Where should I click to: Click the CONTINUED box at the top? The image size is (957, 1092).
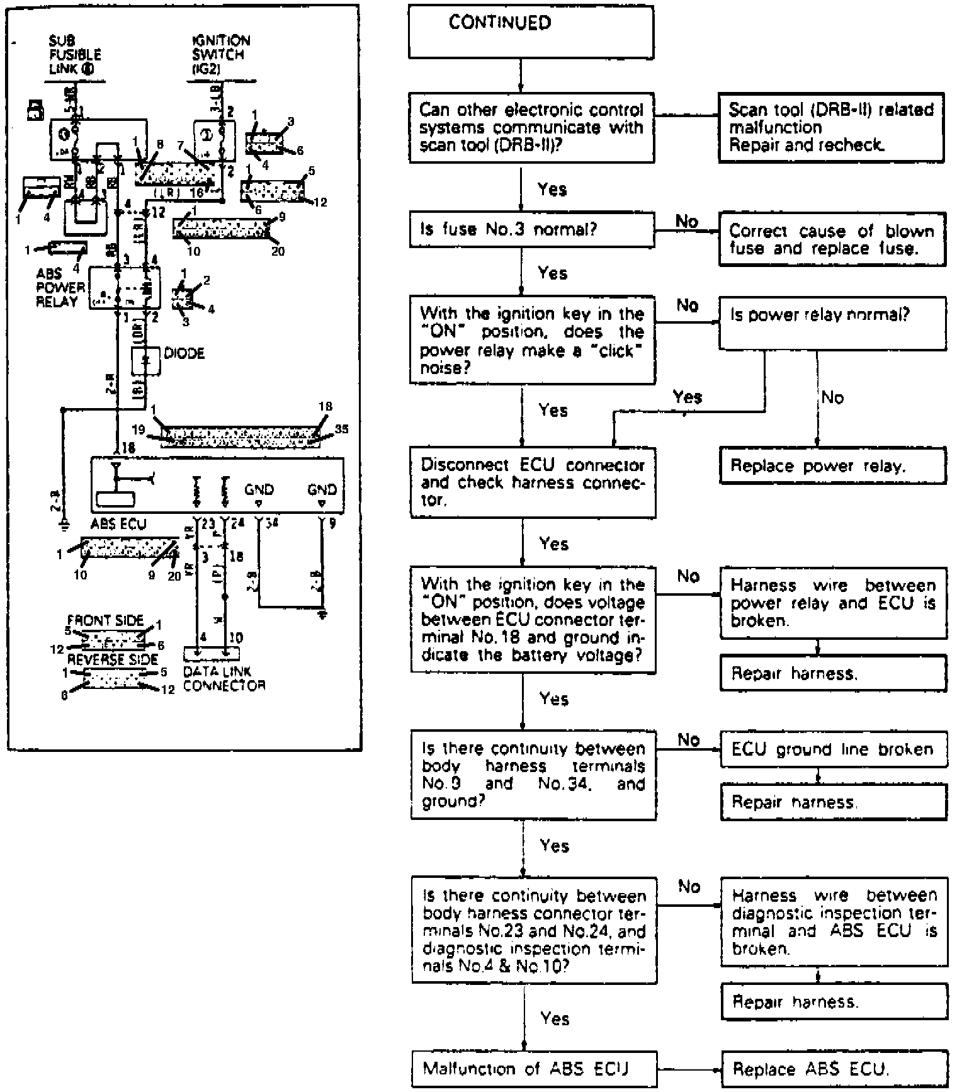531,33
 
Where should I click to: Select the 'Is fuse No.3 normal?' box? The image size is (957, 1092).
531,230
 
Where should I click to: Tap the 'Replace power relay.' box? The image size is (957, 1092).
832,466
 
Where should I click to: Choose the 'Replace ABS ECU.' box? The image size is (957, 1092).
834,1069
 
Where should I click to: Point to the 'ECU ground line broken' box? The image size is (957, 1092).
833,749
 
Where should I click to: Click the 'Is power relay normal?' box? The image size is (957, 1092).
832,323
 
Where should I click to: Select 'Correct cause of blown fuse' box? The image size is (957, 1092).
832,239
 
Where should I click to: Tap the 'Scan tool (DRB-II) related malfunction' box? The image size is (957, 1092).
831,128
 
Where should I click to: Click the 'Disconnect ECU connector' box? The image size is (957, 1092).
533,482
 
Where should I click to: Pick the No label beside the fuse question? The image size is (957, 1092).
687,221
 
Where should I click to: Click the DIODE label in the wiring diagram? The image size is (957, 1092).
184,353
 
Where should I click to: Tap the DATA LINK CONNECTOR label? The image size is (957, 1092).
224,678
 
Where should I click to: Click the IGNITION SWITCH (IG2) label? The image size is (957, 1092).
220,55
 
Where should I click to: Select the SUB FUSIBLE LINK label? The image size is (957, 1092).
74,55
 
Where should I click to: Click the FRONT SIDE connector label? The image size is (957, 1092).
105,620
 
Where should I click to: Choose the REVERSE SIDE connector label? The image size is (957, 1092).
112,659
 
